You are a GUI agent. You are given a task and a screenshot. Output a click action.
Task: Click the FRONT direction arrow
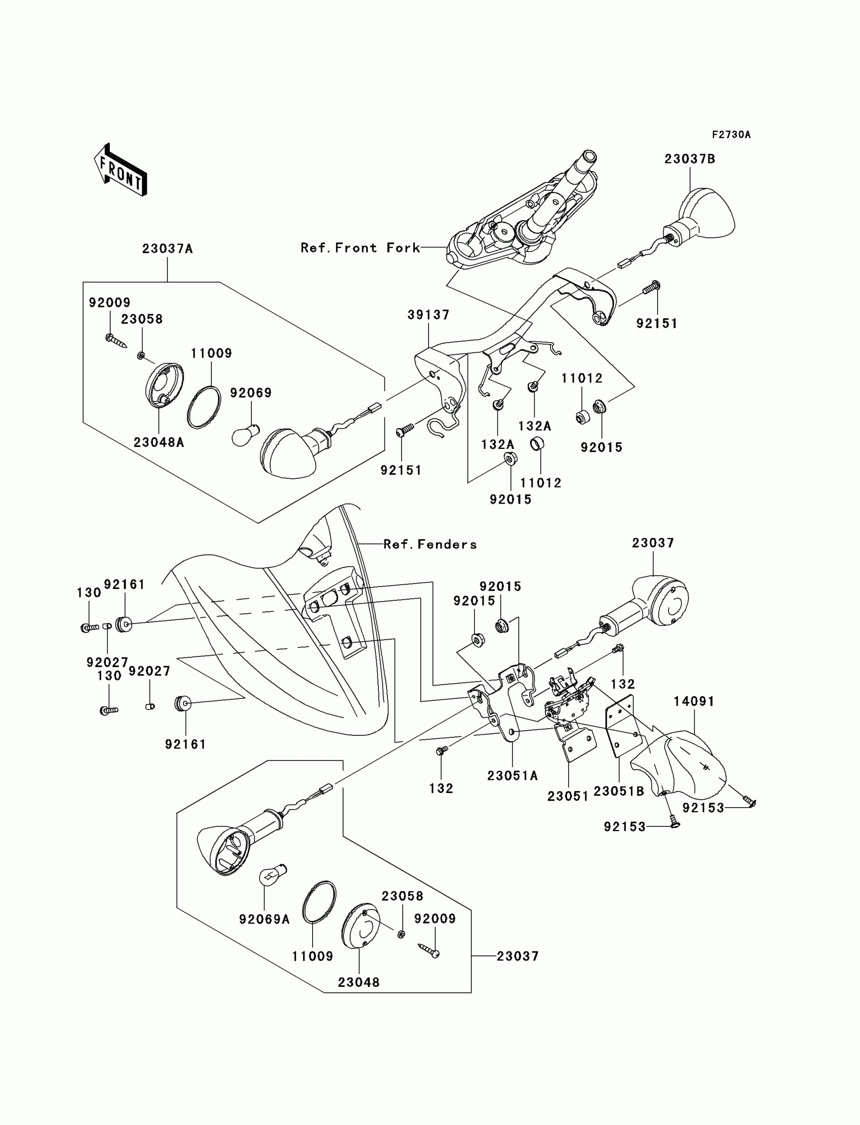pos(121,171)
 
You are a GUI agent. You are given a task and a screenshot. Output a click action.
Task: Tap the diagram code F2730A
pos(730,135)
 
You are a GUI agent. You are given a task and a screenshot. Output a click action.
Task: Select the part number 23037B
pos(690,159)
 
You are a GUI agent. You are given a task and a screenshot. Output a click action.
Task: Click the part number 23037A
pos(167,249)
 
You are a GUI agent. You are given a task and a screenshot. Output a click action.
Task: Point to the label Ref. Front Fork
pos(360,248)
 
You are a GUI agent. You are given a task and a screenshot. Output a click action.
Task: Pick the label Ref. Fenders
pos(430,545)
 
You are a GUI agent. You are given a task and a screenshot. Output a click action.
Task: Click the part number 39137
pos(428,315)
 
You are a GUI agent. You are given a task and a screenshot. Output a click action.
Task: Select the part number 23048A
pos(159,442)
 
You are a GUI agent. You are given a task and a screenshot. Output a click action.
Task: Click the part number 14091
pos(694,701)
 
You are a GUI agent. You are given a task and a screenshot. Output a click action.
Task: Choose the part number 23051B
pos(618,791)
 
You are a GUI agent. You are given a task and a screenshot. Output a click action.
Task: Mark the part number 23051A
pos(512,776)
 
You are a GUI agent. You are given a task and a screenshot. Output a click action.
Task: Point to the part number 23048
pos(358,982)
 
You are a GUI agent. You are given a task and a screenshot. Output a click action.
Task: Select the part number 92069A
pos(264,919)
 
